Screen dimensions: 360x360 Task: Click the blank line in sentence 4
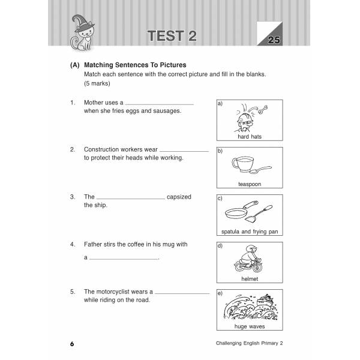pyautogui.click(x=124, y=259)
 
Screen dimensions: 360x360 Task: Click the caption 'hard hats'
pyautogui.click(x=249, y=137)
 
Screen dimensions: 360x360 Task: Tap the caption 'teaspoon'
pyautogui.click(x=249, y=184)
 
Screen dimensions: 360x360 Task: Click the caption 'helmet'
pyautogui.click(x=249, y=279)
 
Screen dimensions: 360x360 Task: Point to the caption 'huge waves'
pyautogui.click(x=249, y=326)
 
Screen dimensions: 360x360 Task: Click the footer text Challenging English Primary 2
pyautogui.click(x=240, y=344)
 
